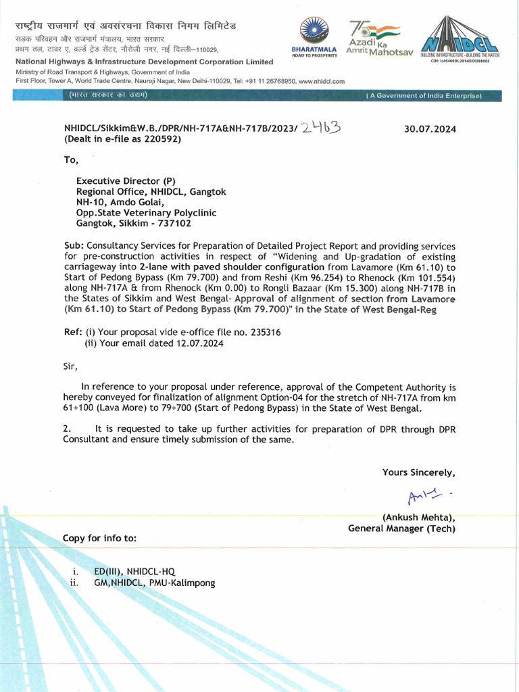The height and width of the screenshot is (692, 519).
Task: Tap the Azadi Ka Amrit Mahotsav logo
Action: coord(378,38)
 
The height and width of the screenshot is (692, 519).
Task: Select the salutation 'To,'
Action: coord(71,160)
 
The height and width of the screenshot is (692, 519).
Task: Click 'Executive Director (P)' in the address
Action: coord(126,181)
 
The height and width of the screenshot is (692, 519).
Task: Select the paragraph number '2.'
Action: coord(67,428)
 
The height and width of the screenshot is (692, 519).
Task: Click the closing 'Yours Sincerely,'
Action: coord(418,472)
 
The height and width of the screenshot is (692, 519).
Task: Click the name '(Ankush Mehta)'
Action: coord(418,518)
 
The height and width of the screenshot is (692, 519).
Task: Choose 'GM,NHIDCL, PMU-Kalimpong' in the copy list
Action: coord(154,583)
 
